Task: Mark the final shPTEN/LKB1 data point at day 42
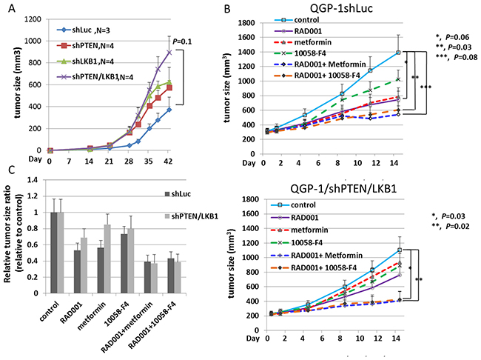tap(169, 52)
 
